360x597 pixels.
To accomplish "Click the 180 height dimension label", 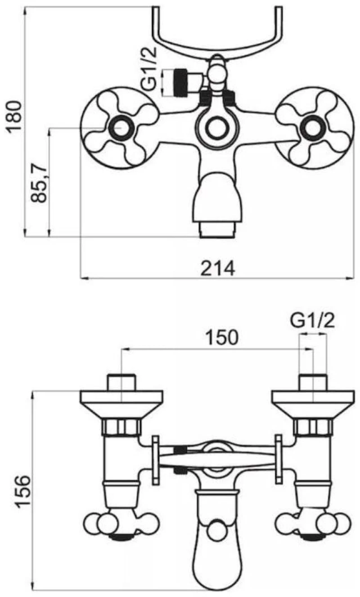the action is tap(14, 115).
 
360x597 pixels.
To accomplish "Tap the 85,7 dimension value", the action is tap(39, 183).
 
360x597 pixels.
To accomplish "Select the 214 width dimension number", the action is tap(218, 268).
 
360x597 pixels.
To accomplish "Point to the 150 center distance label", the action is tap(222, 337).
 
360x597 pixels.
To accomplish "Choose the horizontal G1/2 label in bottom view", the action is tap(312, 321).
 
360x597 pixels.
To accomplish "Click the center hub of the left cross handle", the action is tap(120, 128).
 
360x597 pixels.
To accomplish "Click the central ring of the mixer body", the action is tap(216, 128).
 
